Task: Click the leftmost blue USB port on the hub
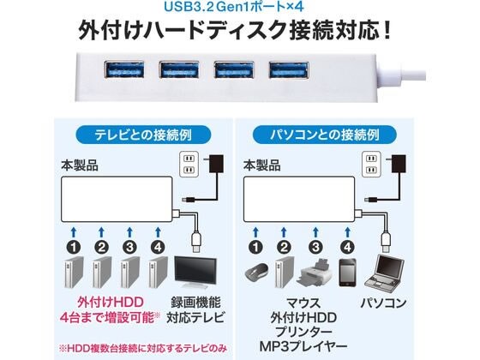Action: click(x=124, y=69)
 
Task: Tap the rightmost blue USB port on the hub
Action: click(x=289, y=69)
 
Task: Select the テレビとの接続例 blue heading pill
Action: click(x=143, y=135)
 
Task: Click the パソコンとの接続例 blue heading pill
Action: click(x=325, y=135)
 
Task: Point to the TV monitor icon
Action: click(x=195, y=273)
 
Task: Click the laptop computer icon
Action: click(x=385, y=272)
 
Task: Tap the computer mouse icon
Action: click(x=257, y=273)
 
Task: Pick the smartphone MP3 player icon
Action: click(x=347, y=273)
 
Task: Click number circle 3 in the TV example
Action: click(x=129, y=247)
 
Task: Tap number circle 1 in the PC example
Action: click(x=256, y=247)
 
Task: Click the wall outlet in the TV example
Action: click(x=189, y=164)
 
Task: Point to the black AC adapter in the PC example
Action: click(x=399, y=165)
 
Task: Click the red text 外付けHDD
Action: click(x=111, y=303)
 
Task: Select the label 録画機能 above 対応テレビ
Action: click(x=195, y=303)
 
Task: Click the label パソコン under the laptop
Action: click(x=384, y=303)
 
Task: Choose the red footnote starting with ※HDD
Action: click(x=142, y=348)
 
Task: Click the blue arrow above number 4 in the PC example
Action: click(x=347, y=232)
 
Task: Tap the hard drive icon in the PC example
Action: click(x=284, y=272)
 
